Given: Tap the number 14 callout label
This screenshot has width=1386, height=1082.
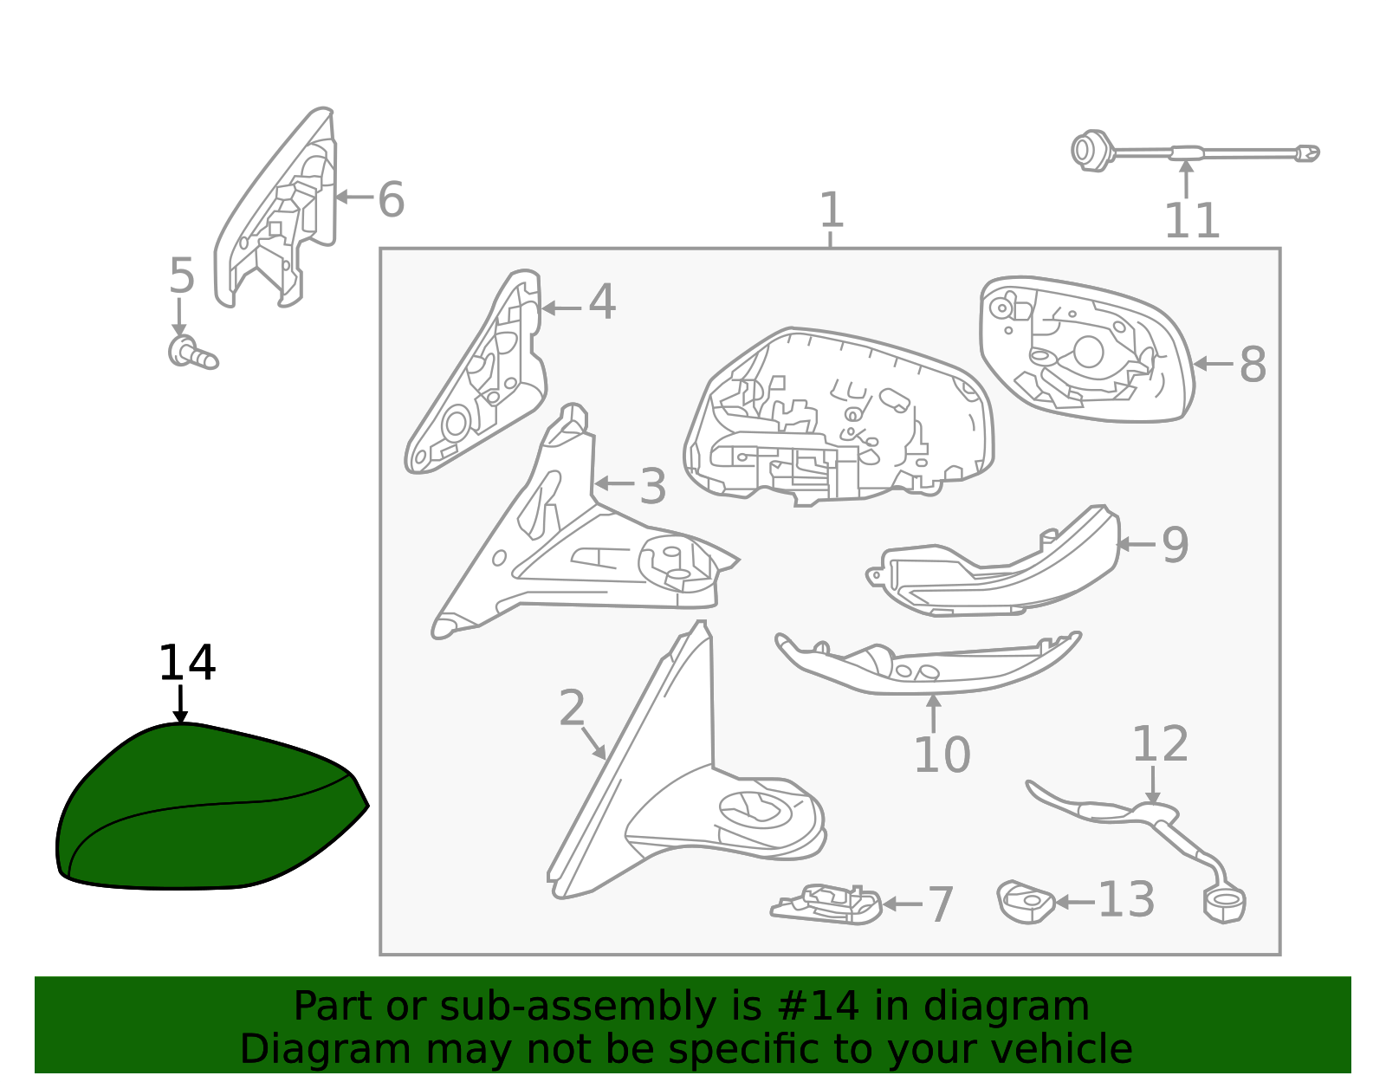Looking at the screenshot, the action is point(187,663).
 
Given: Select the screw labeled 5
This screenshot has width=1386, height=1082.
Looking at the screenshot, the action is point(193,353).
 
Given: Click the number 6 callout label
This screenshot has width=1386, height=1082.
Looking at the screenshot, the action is point(391,199).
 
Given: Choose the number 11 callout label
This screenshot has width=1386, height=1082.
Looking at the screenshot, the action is point(1191,221).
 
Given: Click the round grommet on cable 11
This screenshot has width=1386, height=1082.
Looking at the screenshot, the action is point(1091,152).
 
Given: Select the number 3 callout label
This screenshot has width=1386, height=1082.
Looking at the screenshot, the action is point(652,487).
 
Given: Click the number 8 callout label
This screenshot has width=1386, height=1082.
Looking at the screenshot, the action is point(1253,365).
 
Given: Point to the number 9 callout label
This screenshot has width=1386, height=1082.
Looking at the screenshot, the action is point(1175,545).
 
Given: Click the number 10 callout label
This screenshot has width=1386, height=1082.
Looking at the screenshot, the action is point(942,755).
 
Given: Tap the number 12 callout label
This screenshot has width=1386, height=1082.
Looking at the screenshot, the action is point(1160,744).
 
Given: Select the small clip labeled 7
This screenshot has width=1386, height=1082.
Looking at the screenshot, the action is point(826,904).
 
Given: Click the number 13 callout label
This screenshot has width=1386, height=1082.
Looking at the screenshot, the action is point(1126,900).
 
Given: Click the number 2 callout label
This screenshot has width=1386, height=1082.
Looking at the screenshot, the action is point(572,707).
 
